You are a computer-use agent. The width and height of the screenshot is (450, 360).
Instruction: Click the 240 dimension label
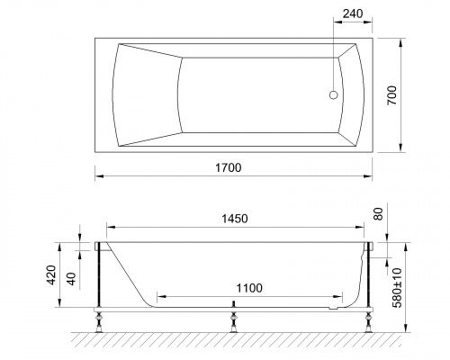[353, 13]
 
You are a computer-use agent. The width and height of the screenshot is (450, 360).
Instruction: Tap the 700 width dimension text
[391, 95]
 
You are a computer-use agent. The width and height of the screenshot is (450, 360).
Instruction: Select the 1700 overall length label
[229, 167]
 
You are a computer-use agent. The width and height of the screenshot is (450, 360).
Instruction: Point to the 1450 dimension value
[235, 219]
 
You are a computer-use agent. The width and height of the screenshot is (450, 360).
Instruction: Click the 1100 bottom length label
[249, 288]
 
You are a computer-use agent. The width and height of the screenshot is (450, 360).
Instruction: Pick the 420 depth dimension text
[52, 274]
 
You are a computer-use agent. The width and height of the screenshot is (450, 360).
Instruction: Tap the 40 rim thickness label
[71, 279]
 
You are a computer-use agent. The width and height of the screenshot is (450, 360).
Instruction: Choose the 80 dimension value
[379, 214]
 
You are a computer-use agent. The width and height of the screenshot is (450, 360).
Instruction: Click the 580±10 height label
[397, 288]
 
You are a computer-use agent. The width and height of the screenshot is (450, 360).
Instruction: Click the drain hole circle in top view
[334, 95]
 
